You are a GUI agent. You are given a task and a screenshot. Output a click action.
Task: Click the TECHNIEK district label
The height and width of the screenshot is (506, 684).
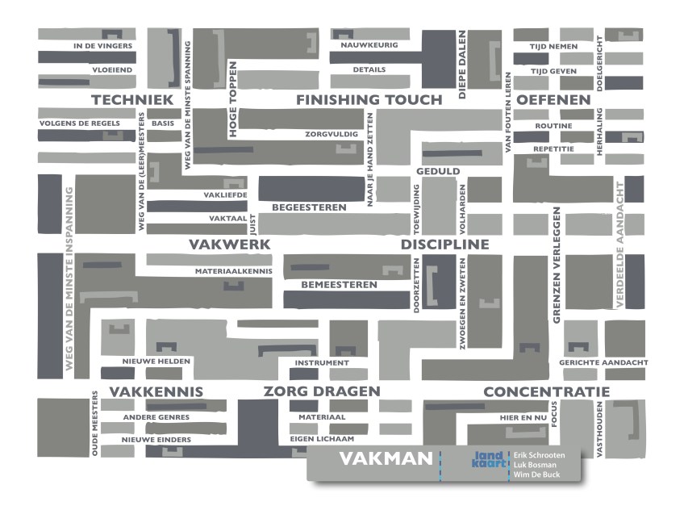132,100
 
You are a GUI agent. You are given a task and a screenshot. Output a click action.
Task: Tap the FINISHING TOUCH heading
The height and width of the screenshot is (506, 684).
369,100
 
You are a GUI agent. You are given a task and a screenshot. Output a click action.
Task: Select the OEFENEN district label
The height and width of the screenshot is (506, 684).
553,100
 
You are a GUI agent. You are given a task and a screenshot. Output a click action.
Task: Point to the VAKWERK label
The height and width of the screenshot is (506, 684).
229,245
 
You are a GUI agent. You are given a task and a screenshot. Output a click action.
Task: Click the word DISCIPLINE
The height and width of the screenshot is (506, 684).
444,245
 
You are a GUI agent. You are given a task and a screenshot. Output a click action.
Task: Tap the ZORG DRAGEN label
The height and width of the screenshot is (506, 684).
321,392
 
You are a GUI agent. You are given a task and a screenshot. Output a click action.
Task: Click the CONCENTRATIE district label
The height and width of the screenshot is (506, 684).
546,392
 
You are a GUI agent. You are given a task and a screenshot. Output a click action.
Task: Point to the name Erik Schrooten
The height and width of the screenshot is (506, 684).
545,455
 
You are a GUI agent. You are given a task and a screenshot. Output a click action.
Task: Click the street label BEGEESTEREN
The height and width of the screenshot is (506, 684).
309,207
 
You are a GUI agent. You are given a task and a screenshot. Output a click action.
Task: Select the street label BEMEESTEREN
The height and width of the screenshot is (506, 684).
339,285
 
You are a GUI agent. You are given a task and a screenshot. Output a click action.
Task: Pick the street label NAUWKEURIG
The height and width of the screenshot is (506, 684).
369,45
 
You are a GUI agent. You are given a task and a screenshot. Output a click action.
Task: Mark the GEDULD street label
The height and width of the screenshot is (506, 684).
438,171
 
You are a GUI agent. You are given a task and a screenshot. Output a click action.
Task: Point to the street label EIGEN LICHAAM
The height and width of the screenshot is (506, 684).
322,439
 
